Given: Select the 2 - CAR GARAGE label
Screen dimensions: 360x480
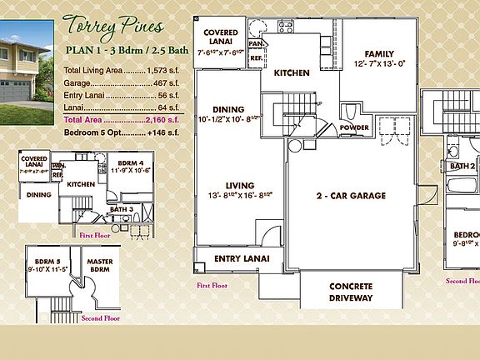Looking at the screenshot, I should pyautogui.click(x=350, y=196).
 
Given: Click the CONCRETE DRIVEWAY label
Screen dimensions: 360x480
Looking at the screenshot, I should pyautogui.click(x=351, y=292).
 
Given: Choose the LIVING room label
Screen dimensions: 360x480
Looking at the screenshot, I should pyautogui.click(x=228, y=186).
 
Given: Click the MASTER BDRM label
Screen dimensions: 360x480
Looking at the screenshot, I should pyautogui.click(x=100, y=264).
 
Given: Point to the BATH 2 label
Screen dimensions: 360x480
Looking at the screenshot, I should pyautogui.click(x=462, y=167).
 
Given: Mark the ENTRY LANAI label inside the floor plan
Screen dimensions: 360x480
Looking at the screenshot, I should pyautogui.click(x=239, y=259).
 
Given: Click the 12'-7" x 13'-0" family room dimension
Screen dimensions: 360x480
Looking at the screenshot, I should pyautogui.click(x=379, y=63).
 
